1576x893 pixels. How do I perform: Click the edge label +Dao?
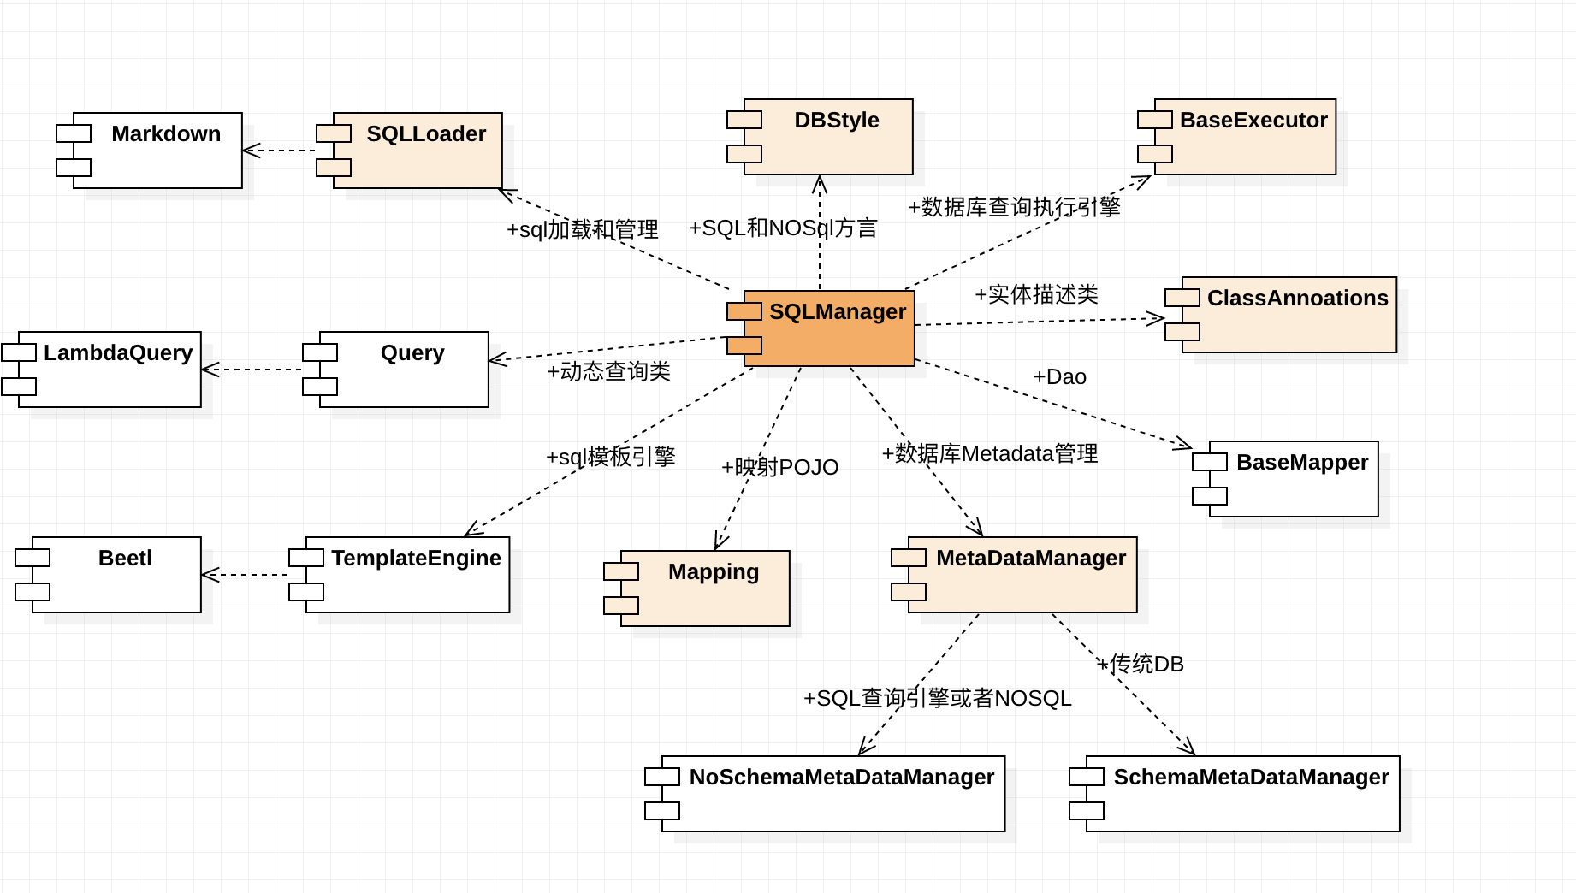tap(1059, 377)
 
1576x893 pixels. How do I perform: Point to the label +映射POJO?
tap(779, 467)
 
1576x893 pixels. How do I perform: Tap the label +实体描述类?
tap(1036, 294)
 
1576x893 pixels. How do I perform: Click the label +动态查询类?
tap(608, 371)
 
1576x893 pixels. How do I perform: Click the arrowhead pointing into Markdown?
tap(250, 151)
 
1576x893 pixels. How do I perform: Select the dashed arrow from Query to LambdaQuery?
tap(252, 370)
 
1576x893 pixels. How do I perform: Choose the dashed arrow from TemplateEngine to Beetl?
tap(246, 575)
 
